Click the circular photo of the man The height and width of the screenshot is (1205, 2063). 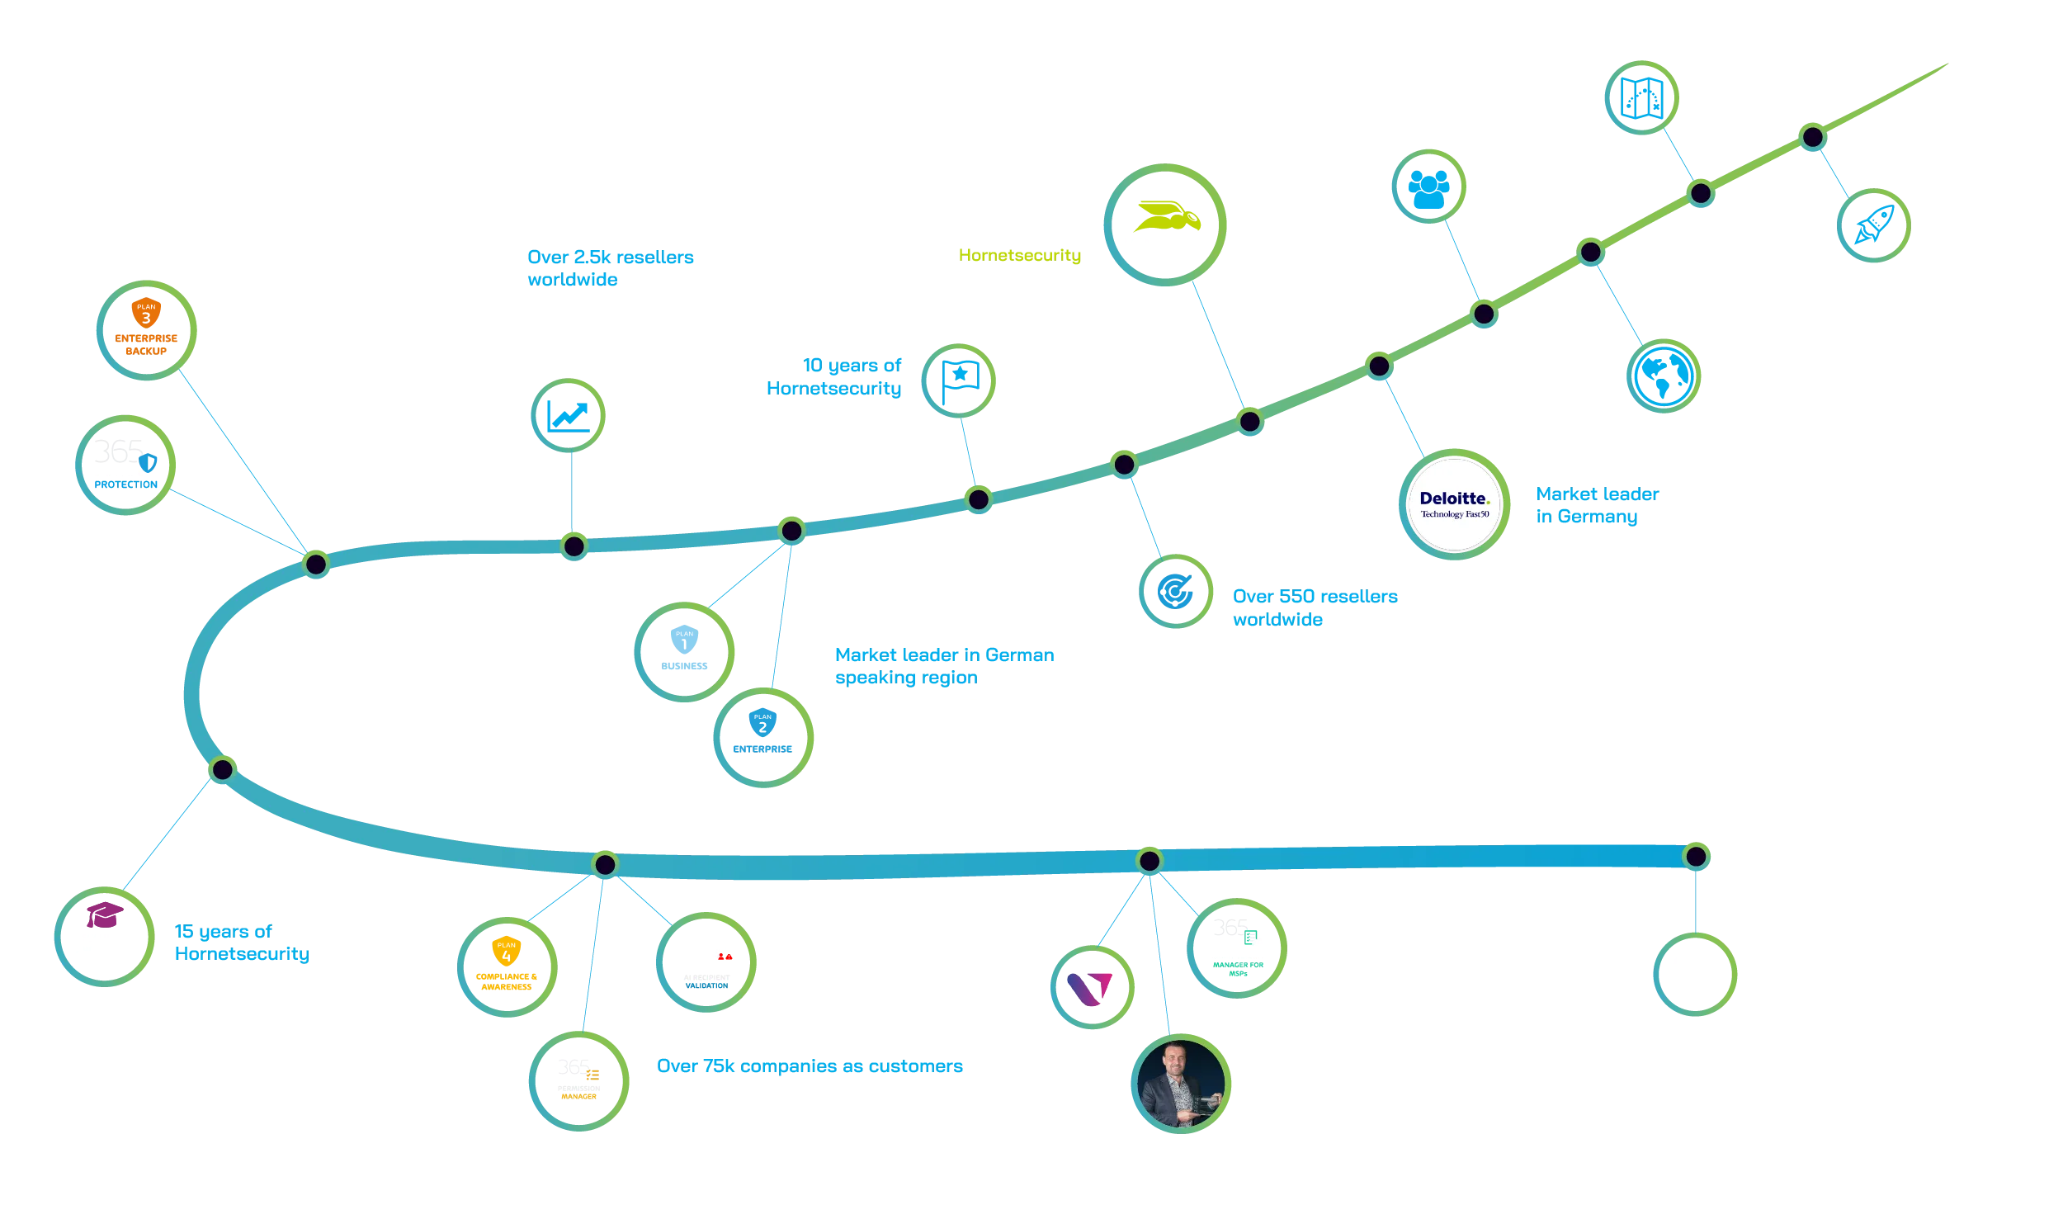[x=1181, y=1083]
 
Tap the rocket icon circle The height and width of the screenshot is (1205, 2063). [x=1874, y=224]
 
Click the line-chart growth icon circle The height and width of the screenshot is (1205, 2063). [x=568, y=415]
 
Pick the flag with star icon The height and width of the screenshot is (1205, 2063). [x=959, y=380]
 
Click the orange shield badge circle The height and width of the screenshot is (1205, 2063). [x=146, y=328]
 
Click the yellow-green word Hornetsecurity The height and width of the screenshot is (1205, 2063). [x=1019, y=255]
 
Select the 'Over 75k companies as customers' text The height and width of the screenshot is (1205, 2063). [x=810, y=1066]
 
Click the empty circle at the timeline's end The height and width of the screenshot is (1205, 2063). [x=1696, y=974]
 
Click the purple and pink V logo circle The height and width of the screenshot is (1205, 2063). [x=1092, y=986]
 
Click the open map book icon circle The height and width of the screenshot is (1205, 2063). [x=1642, y=97]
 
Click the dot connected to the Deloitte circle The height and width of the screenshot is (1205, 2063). [x=1379, y=366]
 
